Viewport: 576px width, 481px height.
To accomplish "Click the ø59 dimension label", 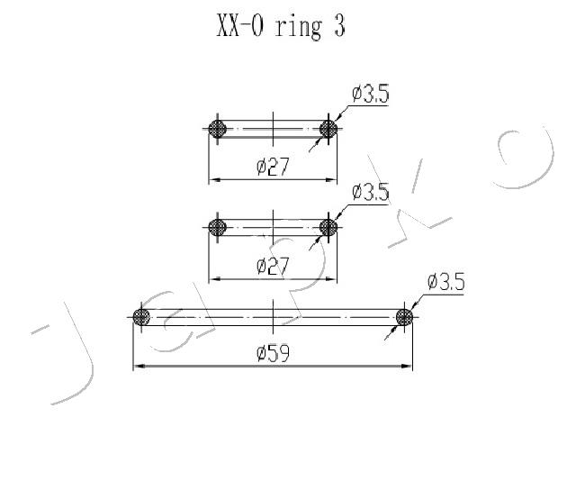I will tap(273, 354).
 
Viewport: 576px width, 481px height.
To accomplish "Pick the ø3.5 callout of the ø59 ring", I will tap(445, 282).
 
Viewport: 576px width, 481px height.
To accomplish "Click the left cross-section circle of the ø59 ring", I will tap(140, 317).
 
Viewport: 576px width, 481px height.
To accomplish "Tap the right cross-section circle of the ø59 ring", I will tap(404, 317).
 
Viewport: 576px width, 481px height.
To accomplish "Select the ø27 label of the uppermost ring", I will tap(273, 168).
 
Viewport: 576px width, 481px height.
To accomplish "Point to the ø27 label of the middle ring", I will tap(273, 266).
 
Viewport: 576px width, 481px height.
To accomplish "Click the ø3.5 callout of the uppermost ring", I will tap(370, 94).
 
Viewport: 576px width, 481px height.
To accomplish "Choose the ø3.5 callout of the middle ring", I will tap(370, 192).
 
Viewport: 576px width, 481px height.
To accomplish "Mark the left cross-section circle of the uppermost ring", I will tap(216, 129).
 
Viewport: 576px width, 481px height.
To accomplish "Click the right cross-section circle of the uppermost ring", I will tap(328, 129).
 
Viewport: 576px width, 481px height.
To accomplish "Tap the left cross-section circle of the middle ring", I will tap(216, 227).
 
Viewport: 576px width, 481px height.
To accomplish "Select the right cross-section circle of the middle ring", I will tap(328, 227).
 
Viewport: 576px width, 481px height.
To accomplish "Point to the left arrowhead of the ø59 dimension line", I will tap(138, 366).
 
